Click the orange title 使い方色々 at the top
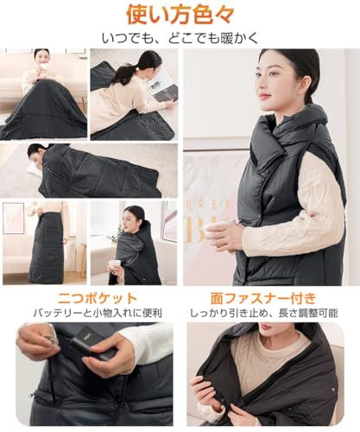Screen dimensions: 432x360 180,14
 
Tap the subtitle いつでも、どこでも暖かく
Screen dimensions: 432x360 180,37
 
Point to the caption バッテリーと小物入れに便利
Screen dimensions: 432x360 90,313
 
